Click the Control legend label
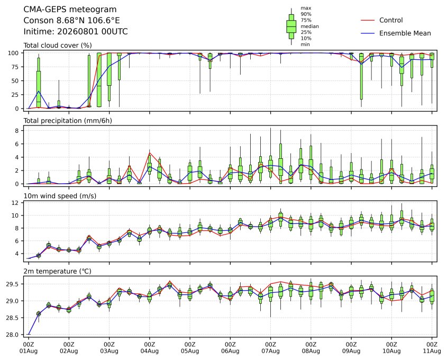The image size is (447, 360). coord(391,20)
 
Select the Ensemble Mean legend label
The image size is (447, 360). coord(405,33)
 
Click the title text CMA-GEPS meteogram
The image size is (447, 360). coord(70,10)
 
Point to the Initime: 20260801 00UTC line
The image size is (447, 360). coord(76,31)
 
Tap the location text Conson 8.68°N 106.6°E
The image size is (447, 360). coord(71,21)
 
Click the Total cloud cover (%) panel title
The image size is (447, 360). coord(58,46)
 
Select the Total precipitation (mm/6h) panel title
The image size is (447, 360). coord(68,121)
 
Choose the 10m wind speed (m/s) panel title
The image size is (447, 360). coord(60,196)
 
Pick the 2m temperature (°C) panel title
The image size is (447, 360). coord(57,271)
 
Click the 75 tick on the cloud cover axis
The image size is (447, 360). coord(15,67)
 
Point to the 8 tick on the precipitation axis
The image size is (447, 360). coord(17,131)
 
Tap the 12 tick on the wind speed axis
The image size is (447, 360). coord(15,203)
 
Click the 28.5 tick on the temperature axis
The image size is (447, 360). coord(13,318)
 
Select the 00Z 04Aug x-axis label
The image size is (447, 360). coord(149,348)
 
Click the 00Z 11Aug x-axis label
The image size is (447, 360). coord(432,348)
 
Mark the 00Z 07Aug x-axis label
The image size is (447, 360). coord(270,348)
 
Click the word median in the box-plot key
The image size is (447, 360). coord(309,26)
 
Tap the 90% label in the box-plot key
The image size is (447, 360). coord(306,14)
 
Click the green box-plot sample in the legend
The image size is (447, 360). coord(291,26)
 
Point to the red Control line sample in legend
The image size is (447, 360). coord(368,21)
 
